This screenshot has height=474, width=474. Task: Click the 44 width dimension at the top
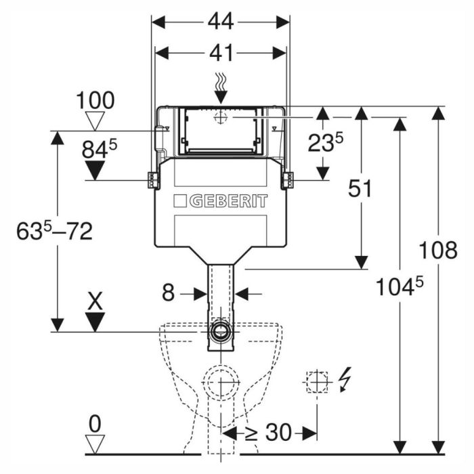tap(221, 22)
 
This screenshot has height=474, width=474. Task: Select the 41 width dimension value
tap(221, 53)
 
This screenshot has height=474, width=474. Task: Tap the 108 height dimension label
tap(437, 250)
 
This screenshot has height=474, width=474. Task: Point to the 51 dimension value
tap(360, 188)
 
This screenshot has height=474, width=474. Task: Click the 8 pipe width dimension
tap(168, 293)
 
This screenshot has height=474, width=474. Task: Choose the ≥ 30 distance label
tap(269, 432)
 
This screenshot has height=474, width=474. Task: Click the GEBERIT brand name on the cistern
tap(229, 201)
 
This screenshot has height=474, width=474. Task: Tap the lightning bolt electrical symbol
tap(345, 380)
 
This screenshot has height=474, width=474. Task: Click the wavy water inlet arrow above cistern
tap(221, 88)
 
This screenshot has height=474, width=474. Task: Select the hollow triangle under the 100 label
tap(95, 121)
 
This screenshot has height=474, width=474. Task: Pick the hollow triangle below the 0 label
tap(95, 444)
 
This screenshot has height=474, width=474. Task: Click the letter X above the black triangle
tap(95, 301)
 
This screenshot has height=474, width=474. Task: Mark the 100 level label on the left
tap(95, 101)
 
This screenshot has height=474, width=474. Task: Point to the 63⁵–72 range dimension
tap(54, 232)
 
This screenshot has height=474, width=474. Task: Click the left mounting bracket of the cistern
tap(154, 180)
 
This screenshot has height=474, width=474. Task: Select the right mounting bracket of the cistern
tap(287, 181)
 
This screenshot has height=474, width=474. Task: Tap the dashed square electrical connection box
tap(317, 382)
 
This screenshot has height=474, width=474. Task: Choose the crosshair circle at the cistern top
tap(220, 116)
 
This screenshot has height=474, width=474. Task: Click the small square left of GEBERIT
tap(180, 201)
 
